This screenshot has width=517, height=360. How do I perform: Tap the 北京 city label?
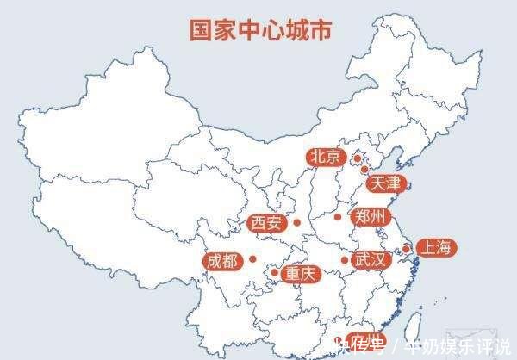tap(326, 157)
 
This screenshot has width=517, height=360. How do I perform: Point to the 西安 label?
tap(265, 223)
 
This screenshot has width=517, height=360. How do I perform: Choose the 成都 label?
tap(221, 260)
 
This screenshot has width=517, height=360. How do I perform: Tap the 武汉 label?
tap(371, 259)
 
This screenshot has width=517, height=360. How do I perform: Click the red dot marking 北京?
tap(357, 158)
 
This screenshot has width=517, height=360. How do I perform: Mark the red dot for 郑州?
tap(339, 217)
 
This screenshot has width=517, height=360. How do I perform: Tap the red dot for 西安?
tap(296, 223)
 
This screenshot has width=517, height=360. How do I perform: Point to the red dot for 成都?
tap(252, 258)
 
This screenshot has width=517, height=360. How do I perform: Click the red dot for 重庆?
tap(275, 273)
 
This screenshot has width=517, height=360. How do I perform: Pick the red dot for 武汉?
tap(345, 259)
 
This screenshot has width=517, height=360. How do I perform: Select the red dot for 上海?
tap(406, 249)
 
